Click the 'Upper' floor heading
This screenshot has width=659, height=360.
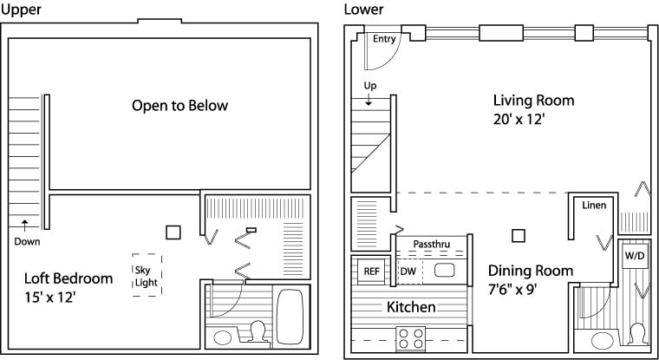(17, 10)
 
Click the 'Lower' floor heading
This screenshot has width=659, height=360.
(362, 10)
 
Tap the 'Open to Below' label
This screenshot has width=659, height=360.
(179, 106)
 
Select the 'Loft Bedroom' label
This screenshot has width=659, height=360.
(69, 278)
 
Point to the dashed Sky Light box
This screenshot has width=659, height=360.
(147, 276)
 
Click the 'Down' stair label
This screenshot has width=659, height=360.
(27, 242)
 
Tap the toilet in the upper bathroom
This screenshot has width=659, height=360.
(257, 332)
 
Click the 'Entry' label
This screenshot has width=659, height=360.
(384, 39)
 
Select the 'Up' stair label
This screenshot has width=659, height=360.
(369, 85)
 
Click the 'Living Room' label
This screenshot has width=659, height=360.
(533, 100)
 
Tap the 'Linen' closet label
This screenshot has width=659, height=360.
(594, 206)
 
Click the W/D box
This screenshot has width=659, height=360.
(635, 258)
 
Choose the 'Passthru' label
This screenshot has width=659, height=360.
(431, 244)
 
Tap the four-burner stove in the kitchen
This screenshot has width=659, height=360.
(410, 336)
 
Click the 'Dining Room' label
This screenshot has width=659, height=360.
(530, 271)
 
